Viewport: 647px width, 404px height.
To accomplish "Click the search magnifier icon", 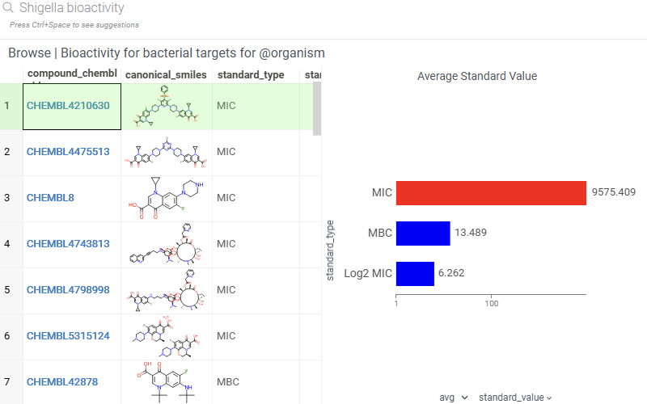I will pyautogui.click(x=9, y=8).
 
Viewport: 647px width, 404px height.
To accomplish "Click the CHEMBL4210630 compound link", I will pyautogui.click(x=68, y=105).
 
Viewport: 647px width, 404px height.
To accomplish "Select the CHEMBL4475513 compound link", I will pyautogui.click(x=68, y=151).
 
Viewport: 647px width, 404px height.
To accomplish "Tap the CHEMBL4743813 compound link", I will pyautogui.click(x=68, y=243).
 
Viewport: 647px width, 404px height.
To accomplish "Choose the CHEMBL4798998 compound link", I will pyautogui.click(x=68, y=289).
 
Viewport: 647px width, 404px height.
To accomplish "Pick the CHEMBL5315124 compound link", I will pyautogui.click(x=68, y=335).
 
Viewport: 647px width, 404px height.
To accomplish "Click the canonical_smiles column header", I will pyautogui.click(x=166, y=75).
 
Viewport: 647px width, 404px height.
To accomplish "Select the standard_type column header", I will pyautogui.click(x=250, y=75).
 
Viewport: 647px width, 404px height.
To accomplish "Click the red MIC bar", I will pyautogui.click(x=491, y=193).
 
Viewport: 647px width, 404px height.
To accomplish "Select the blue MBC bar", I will pyautogui.click(x=423, y=234).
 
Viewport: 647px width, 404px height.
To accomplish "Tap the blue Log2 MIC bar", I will pyautogui.click(x=415, y=273).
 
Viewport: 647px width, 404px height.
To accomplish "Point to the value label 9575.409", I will pyautogui.click(x=614, y=193).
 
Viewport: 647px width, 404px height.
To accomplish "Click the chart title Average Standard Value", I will pyautogui.click(x=477, y=76).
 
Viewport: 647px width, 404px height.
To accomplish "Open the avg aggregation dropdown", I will pyautogui.click(x=454, y=398).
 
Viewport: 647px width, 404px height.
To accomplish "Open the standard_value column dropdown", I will pyautogui.click(x=515, y=398).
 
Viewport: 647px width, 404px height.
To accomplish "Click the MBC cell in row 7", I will pyautogui.click(x=227, y=381).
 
